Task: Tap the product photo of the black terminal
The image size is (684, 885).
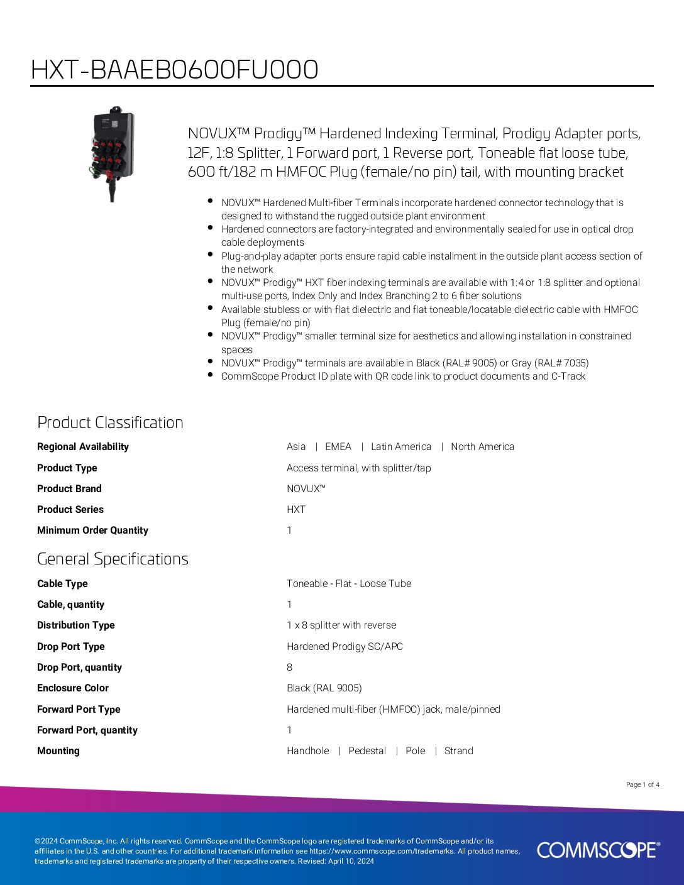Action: pos(111,153)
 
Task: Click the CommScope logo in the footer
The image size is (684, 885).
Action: pos(598,850)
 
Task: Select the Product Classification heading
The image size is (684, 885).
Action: pos(110,422)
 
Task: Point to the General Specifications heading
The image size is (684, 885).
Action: pos(113,559)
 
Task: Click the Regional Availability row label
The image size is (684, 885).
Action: pos(82,446)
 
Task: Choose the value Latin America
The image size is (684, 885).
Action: pos(401,446)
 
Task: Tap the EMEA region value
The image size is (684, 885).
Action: pos(338,446)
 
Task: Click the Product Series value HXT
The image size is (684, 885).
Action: pos(296,509)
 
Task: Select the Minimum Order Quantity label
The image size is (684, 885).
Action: pos(92,530)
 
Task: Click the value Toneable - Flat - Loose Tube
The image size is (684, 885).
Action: pos(349,583)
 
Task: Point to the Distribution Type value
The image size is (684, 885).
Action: pos(341,625)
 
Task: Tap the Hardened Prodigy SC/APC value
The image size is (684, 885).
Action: pos(345,646)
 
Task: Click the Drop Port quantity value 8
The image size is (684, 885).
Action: pos(289,667)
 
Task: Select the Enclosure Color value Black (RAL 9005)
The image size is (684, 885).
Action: pos(324,688)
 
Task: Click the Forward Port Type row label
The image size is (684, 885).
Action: pos(79,709)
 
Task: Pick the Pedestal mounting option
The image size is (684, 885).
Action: pos(367,750)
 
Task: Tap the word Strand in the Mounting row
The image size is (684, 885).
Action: pos(458,750)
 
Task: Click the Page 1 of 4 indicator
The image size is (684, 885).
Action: pos(643,784)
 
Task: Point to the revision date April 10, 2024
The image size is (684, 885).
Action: pos(351,861)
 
